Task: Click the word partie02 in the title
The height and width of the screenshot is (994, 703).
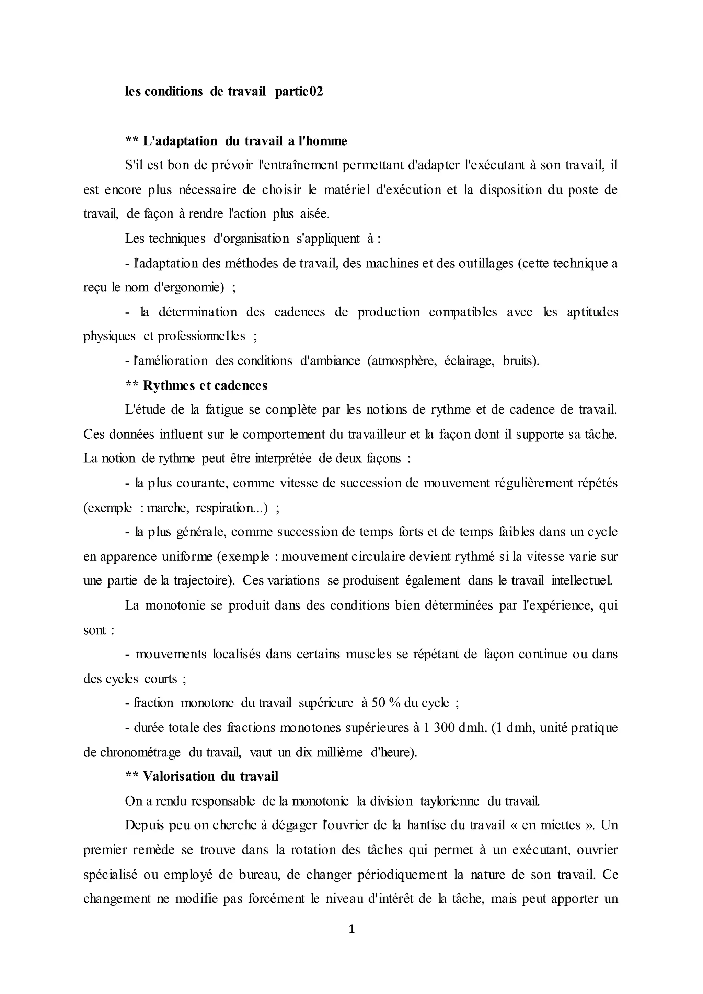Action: [299, 92]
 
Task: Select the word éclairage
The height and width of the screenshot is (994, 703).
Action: [469, 361]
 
